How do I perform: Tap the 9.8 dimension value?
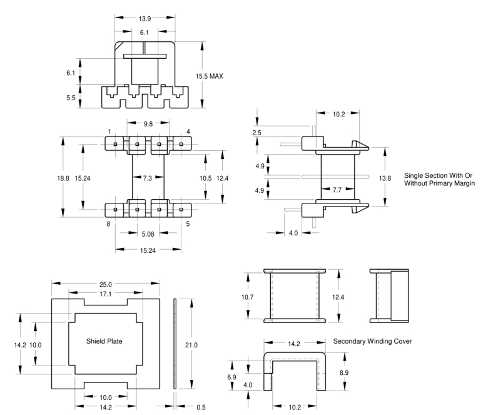[x=148, y=124]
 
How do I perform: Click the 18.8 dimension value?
[x=63, y=178]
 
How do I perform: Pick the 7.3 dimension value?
[x=148, y=178]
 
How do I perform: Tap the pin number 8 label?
[x=108, y=223]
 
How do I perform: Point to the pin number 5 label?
[x=188, y=223]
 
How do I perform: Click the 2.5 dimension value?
[x=257, y=133]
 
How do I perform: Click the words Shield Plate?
[x=104, y=342]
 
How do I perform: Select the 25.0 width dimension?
[x=104, y=284]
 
